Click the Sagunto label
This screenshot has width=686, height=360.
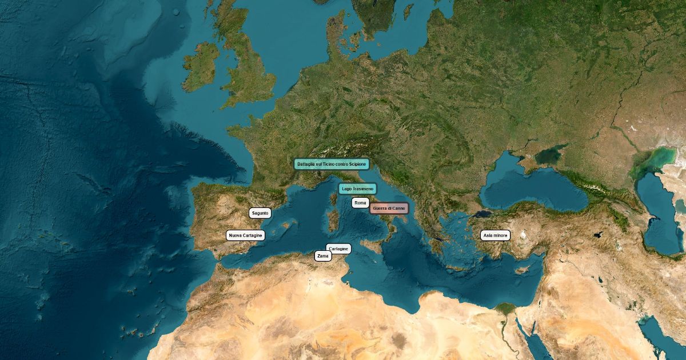[260, 213]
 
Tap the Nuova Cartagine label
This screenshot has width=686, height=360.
[245, 235]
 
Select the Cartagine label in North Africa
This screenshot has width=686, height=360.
[338, 249]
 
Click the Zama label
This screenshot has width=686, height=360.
[323, 257]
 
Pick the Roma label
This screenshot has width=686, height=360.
[360, 203]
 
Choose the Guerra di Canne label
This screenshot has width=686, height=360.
[389, 209]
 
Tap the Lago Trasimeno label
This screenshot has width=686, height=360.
[357, 189]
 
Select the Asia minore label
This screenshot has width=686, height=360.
[495, 235]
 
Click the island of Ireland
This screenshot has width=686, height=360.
[200, 66]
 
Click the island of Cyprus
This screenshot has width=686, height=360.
[521, 268]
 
